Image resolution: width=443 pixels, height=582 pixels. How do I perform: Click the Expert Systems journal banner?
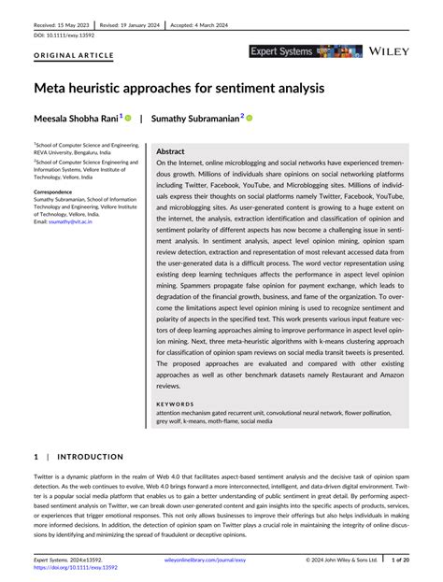coord(305,52)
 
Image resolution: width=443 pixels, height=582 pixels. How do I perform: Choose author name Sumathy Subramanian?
coord(196,119)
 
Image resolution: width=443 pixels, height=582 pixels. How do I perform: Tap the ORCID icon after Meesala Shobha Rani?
coord(129,119)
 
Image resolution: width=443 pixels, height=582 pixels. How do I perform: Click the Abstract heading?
coord(170,150)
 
